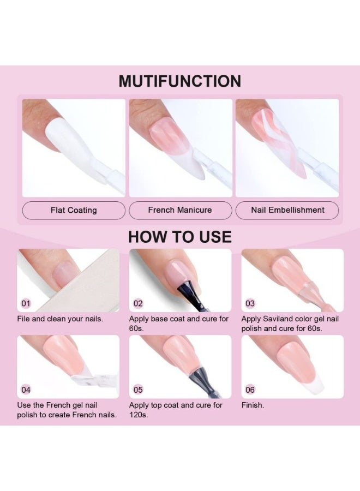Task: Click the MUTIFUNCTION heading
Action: (x=179, y=81)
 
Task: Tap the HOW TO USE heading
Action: (x=180, y=237)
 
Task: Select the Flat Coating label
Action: (x=74, y=210)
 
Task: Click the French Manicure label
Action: (x=181, y=210)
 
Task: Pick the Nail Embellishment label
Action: (x=287, y=210)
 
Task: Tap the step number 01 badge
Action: (x=26, y=303)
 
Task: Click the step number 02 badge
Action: (x=138, y=303)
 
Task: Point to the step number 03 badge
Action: (x=250, y=303)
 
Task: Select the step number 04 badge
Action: (x=26, y=390)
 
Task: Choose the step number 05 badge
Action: (x=138, y=390)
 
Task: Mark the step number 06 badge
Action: (x=250, y=390)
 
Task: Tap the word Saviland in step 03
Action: (x=277, y=319)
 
